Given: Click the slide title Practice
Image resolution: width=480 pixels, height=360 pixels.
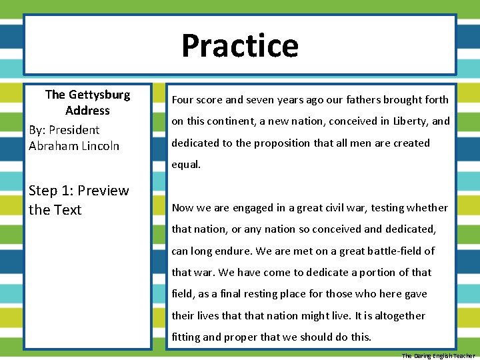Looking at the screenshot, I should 240,45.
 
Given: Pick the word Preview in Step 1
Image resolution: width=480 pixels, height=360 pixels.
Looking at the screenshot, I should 103,191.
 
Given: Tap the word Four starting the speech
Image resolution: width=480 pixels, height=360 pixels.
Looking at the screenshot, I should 183,100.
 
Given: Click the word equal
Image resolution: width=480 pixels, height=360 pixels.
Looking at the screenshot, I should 186,165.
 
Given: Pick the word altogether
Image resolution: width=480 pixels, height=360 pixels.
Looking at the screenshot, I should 400,315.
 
